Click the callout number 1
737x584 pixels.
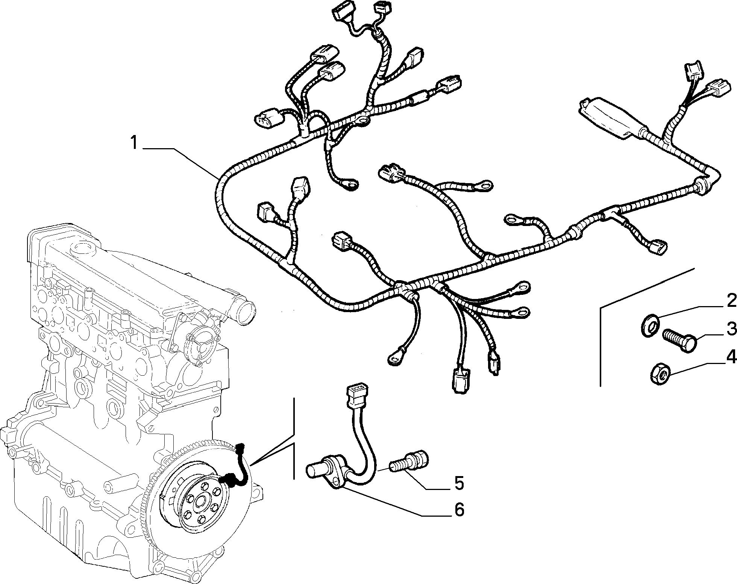point(134,143)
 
